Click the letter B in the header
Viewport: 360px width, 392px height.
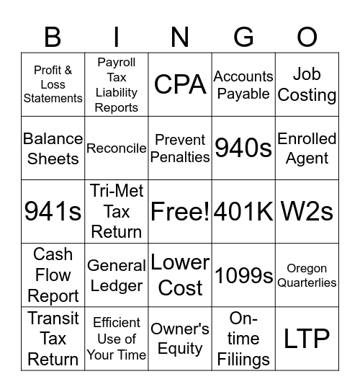click(53, 36)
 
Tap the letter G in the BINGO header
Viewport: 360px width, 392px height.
click(244, 36)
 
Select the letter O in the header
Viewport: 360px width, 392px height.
click(307, 36)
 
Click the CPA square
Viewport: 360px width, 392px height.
click(180, 84)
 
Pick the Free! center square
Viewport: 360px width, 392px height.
click(180, 211)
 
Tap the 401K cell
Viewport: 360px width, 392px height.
click(243, 211)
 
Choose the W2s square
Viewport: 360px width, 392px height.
click(307, 211)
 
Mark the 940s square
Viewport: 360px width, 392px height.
click(243, 148)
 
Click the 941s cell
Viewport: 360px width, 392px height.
click(53, 211)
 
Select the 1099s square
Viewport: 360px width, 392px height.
click(243, 275)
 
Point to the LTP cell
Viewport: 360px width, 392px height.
click(307, 338)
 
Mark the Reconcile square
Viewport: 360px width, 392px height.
click(117, 148)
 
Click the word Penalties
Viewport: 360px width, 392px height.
click(180, 156)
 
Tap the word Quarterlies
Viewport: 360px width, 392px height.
click(307, 282)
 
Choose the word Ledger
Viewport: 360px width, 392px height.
click(117, 285)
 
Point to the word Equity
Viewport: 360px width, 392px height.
click(180, 349)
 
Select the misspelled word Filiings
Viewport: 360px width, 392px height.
click(243, 359)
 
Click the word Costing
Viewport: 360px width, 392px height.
click(307, 95)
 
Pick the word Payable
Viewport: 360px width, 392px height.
click(243, 94)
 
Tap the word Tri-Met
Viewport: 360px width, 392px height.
click(117, 191)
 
